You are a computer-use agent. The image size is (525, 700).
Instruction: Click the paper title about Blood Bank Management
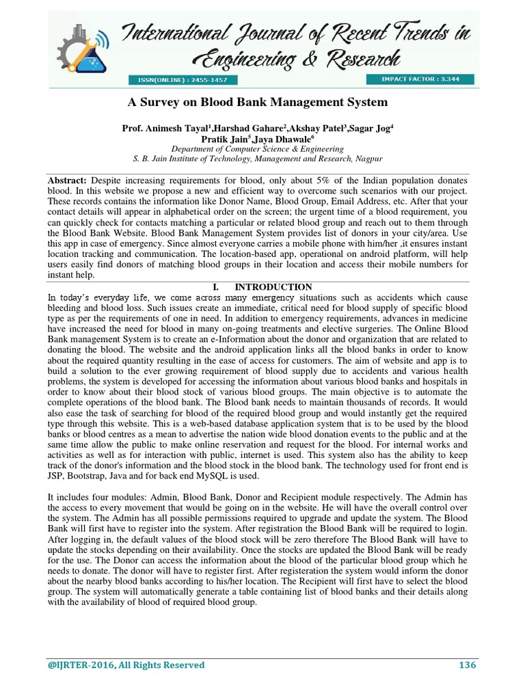tap(258, 103)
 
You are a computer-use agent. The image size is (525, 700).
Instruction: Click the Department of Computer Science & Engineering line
tap(257, 148)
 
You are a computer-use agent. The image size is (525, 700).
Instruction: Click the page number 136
tap(467, 665)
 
